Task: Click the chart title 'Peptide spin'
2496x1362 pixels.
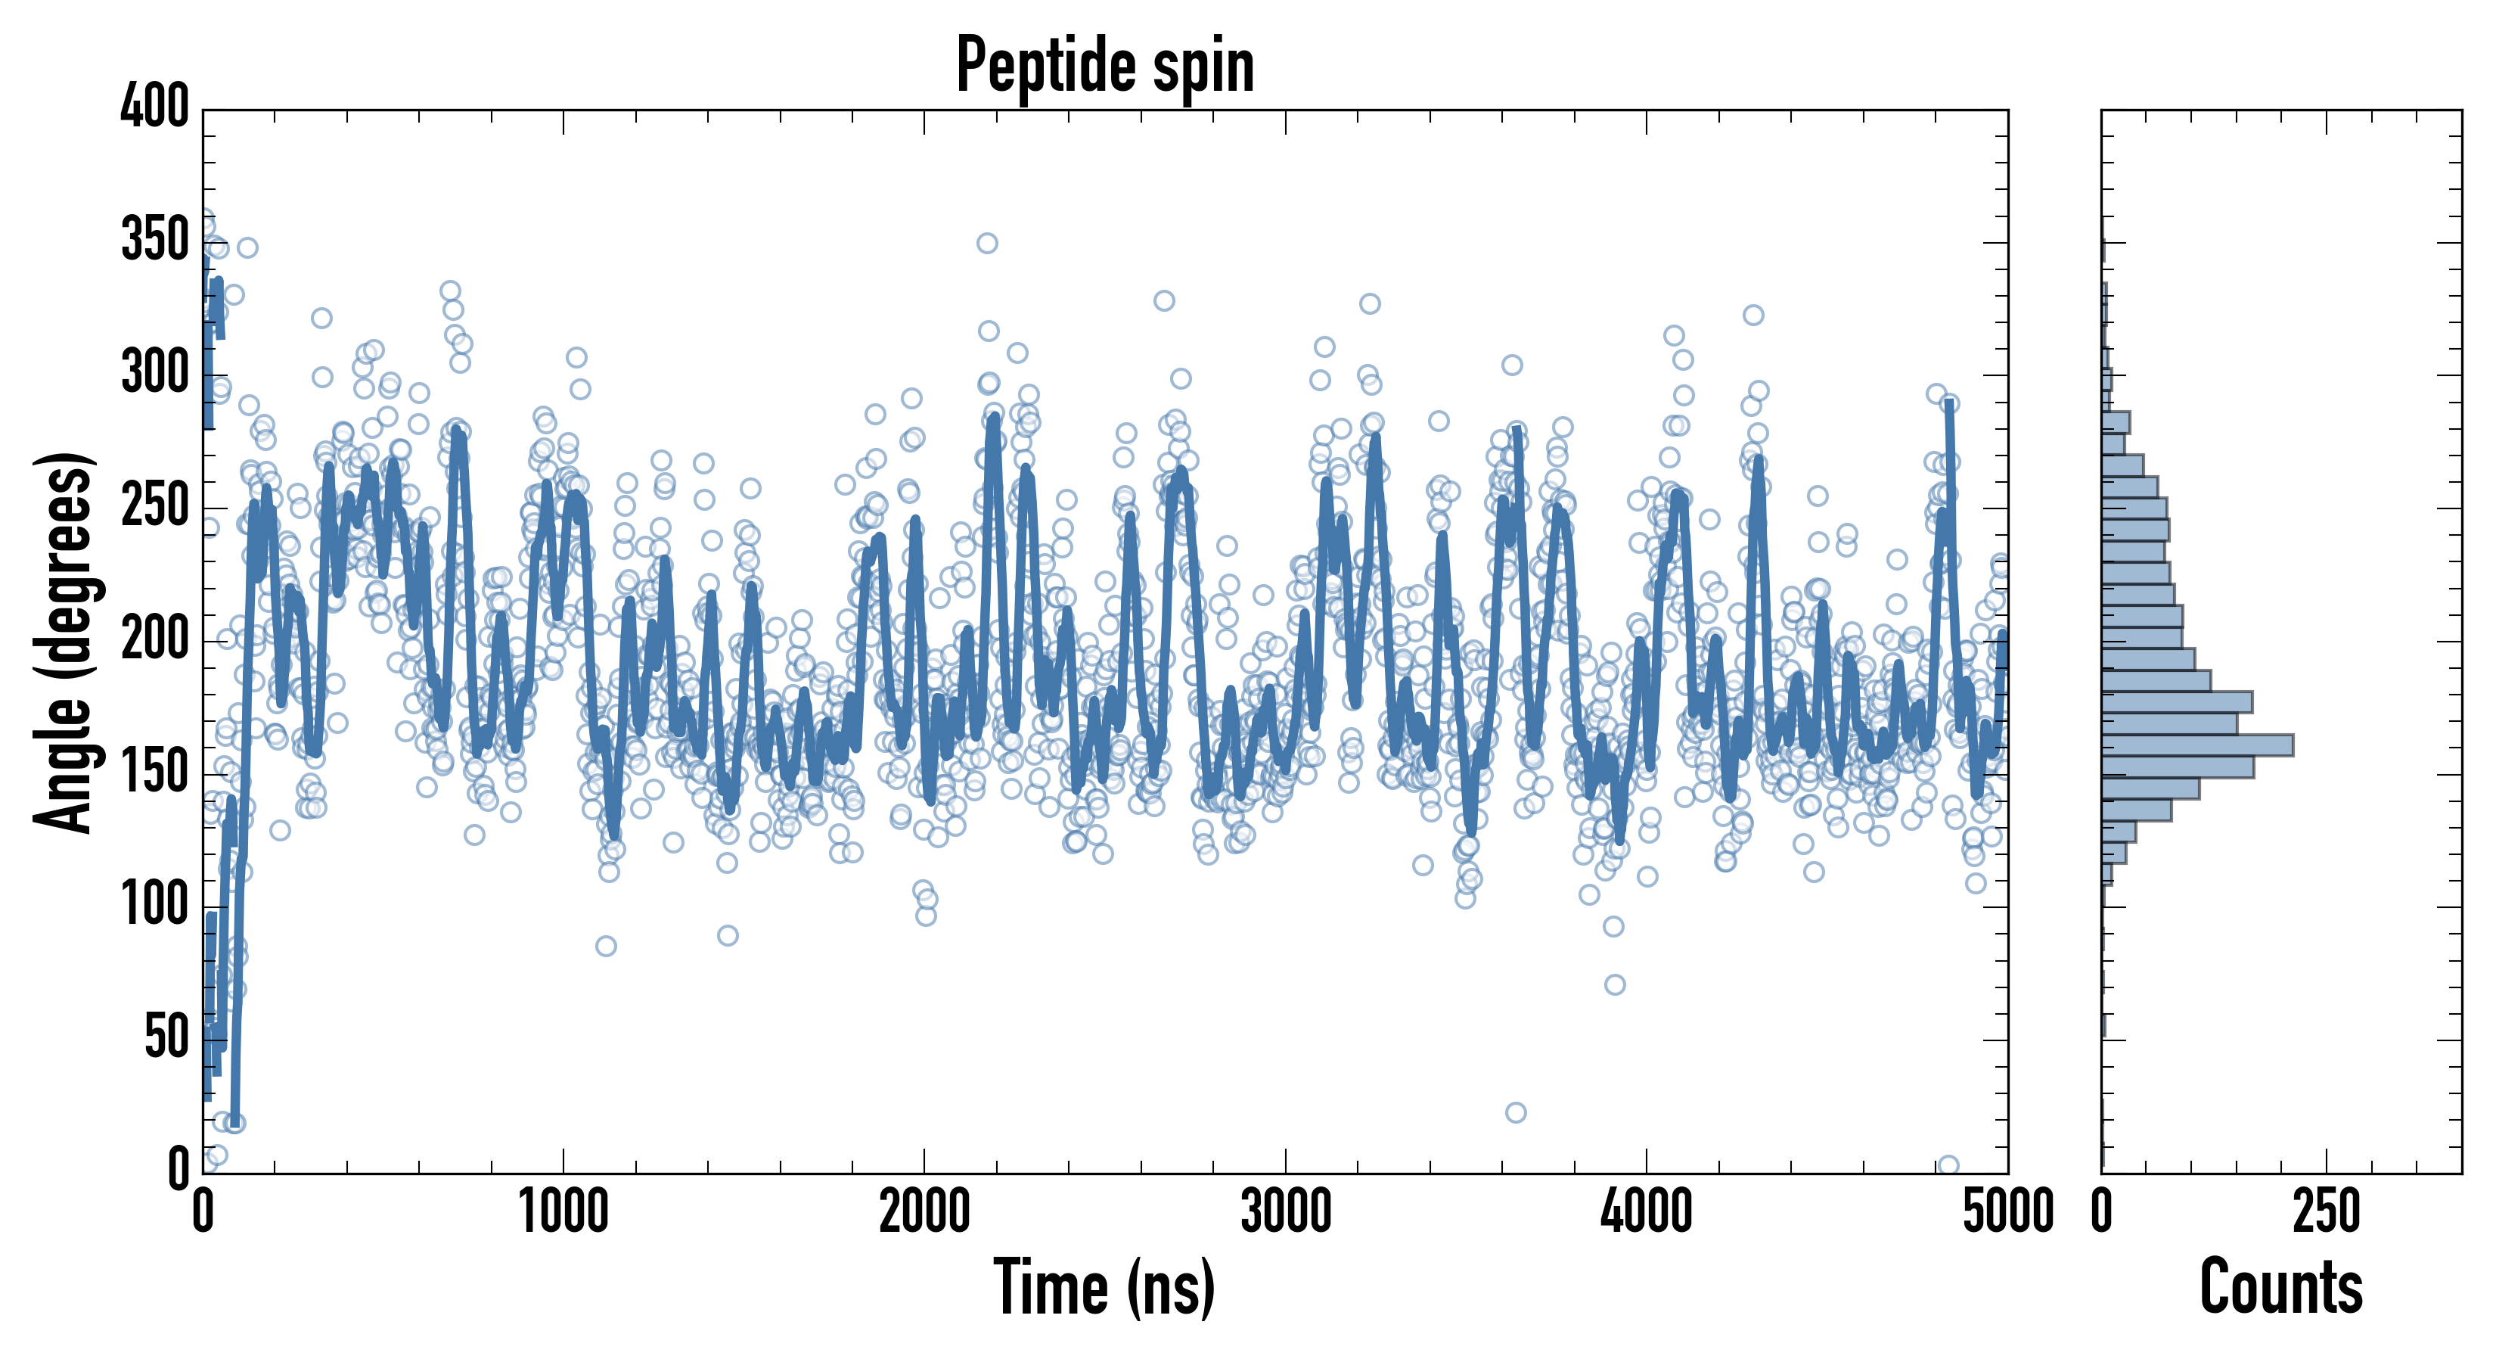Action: click(1104, 66)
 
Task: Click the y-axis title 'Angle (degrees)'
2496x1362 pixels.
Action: click(64, 642)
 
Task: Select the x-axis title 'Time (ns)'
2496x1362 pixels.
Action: click(1104, 1286)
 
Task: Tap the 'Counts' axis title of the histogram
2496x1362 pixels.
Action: click(2281, 1286)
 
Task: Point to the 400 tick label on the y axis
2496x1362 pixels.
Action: click(155, 106)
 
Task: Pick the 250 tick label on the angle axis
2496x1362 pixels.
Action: click(155, 506)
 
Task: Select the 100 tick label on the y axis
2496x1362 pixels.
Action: click(155, 906)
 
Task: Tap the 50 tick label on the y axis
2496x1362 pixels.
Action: click(166, 1038)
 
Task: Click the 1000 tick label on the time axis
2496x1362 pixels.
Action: click(564, 1211)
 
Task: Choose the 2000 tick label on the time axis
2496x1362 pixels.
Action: click(924, 1211)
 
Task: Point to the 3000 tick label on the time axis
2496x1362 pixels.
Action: click(1286, 1211)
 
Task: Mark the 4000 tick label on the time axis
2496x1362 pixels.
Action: click(1647, 1211)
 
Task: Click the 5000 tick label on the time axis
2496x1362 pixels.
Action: click(2007, 1211)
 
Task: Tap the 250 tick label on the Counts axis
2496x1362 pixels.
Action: click(2326, 1211)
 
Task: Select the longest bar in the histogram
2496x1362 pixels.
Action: click(2196, 745)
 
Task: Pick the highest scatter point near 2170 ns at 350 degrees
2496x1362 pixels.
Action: click(987, 244)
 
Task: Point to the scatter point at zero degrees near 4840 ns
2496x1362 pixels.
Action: click(1948, 1165)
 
